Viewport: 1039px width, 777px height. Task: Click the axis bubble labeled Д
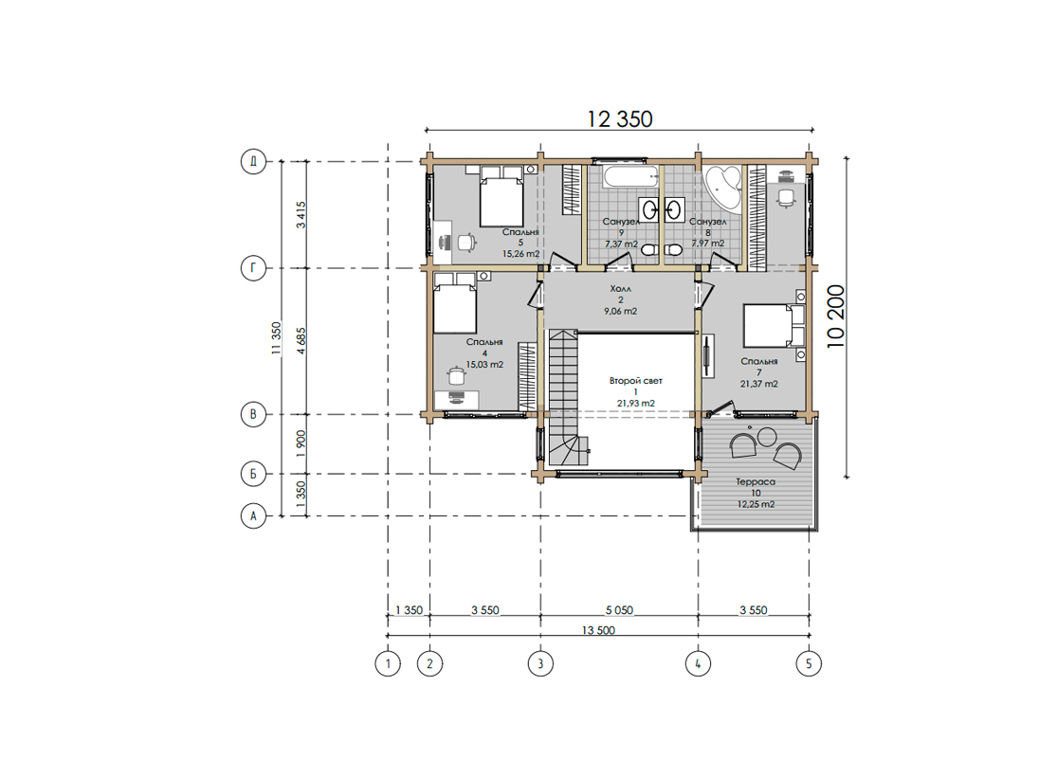(x=253, y=161)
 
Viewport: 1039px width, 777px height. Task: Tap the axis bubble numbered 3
(x=540, y=663)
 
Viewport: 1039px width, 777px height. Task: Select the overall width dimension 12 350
(x=620, y=118)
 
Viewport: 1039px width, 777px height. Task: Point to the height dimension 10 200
(x=835, y=316)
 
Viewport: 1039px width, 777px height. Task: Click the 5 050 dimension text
(x=619, y=609)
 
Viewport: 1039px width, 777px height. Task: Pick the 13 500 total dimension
(x=598, y=630)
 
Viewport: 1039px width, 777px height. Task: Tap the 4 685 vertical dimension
(x=301, y=340)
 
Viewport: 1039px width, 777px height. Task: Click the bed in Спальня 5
(x=501, y=196)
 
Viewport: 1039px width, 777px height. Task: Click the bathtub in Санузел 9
(x=630, y=177)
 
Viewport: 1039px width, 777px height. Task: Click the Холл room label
(x=621, y=289)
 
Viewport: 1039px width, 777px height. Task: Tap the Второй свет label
(x=635, y=381)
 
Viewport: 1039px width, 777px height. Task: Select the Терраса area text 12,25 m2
(x=756, y=504)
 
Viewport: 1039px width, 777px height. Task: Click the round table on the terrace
(x=767, y=437)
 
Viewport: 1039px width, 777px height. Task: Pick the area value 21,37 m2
(x=758, y=384)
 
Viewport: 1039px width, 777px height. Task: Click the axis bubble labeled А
(x=253, y=515)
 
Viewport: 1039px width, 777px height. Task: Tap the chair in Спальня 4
(x=457, y=375)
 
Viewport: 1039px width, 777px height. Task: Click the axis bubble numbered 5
(x=809, y=663)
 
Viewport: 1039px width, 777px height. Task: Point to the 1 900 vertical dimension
(x=301, y=443)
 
